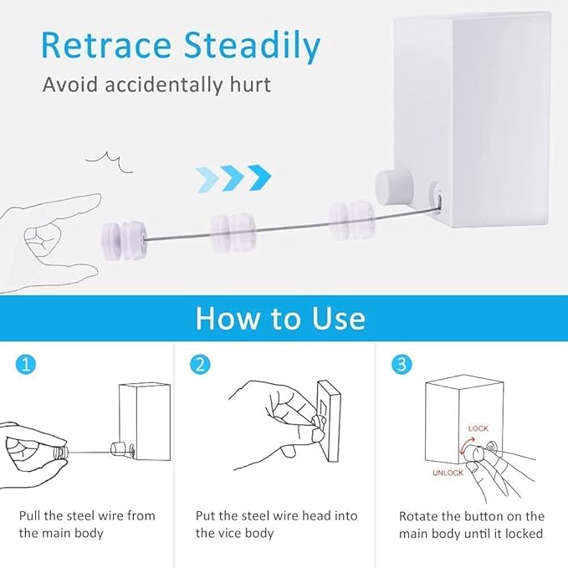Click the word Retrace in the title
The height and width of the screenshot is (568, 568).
click(105, 45)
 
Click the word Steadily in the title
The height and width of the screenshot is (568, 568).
click(252, 47)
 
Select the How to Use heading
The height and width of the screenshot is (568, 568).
click(281, 319)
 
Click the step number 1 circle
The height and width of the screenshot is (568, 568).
click(26, 365)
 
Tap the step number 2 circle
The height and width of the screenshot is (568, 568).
click(200, 365)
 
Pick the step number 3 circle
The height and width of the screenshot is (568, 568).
click(402, 365)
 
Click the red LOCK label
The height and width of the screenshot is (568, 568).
click(478, 428)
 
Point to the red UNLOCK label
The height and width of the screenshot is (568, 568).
click(448, 473)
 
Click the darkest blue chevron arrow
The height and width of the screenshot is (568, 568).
click(259, 177)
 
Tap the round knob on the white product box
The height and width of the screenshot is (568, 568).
click(394, 187)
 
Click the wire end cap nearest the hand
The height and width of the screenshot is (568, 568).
click(124, 240)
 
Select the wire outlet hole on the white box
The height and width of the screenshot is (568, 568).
click(439, 198)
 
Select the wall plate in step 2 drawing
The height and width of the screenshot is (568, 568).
click(329, 421)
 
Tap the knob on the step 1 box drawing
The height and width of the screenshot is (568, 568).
click(118, 449)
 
